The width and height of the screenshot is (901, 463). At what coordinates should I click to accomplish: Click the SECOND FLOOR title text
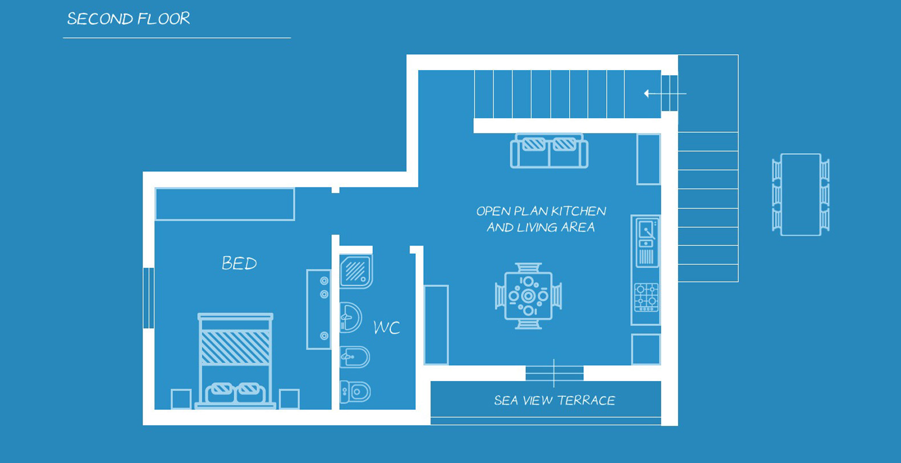coord(128,19)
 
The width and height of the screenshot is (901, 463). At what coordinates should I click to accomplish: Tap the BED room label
coord(240,264)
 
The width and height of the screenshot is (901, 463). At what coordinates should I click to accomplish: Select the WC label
coord(387,327)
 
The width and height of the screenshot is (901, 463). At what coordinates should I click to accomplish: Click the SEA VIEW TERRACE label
coord(554,400)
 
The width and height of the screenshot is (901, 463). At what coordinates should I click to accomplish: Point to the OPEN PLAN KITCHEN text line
coord(541,211)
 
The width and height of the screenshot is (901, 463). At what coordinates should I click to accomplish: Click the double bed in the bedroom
coord(236,360)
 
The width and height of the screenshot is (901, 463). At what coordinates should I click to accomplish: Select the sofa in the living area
coord(549,150)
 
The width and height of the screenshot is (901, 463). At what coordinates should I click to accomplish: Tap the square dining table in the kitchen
coord(529,296)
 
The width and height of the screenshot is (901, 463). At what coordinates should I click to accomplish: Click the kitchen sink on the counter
coord(647,242)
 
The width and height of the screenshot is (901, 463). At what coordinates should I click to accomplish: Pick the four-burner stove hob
coord(647,297)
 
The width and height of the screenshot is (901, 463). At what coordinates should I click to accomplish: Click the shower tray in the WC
coord(356,272)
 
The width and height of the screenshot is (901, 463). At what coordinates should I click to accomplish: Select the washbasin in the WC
coord(350,317)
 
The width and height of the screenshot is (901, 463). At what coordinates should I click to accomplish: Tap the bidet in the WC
coord(354,357)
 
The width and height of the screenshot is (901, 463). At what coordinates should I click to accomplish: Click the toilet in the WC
coord(355,391)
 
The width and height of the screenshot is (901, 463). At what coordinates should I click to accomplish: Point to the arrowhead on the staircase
coord(647,93)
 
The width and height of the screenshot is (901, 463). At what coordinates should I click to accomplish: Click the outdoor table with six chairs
coord(801,195)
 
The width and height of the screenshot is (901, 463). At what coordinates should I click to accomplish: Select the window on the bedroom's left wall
coord(148,298)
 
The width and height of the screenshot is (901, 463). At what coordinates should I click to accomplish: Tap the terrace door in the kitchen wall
coord(554,374)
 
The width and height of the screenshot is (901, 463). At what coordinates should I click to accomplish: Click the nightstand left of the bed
coord(181,399)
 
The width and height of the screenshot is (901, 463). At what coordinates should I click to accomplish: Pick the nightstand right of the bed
coord(289,399)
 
